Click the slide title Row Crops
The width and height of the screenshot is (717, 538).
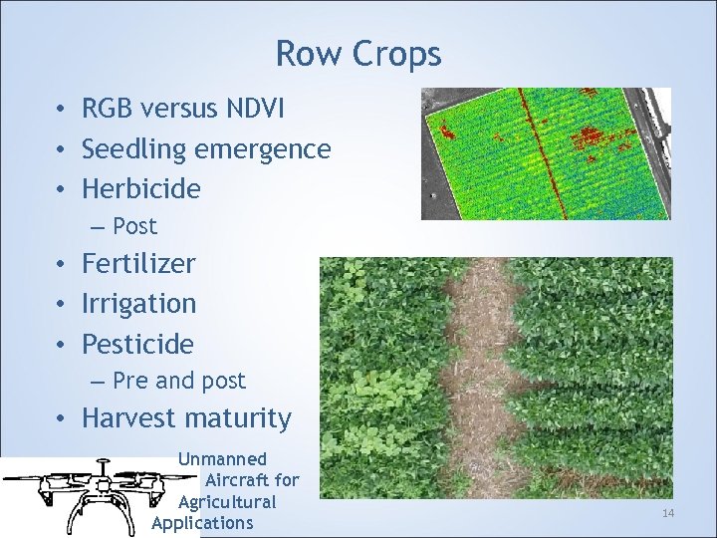[358, 54]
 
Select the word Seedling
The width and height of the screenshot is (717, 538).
[135, 149]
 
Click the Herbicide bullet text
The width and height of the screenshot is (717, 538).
[140, 188]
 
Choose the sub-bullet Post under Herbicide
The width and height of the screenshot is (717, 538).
[134, 226]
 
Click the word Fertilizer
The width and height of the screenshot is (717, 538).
[138, 264]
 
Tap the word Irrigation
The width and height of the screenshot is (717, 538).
[138, 303]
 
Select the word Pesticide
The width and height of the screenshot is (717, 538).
[137, 344]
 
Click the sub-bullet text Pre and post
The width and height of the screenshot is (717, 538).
[179, 381]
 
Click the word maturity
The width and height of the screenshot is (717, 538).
[242, 418]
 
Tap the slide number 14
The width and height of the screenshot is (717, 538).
[667, 513]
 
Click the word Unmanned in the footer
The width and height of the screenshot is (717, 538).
[222, 459]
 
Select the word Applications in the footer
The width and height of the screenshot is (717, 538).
[203, 523]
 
